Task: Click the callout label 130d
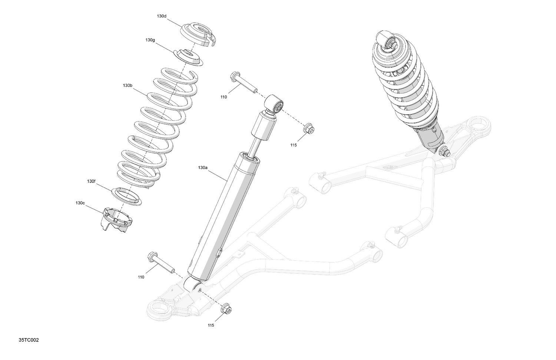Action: click(x=162, y=16)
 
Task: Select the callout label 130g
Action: click(x=150, y=40)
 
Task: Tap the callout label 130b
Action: click(x=128, y=86)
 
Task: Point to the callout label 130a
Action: click(x=202, y=168)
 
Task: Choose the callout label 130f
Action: click(x=91, y=181)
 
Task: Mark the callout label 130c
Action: click(x=80, y=203)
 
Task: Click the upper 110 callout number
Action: click(x=224, y=97)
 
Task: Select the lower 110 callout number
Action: click(x=141, y=277)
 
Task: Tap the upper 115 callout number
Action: click(x=294, y=145)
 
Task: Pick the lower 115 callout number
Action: click(x=211, y=326)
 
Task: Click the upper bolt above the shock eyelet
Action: click(x=243, y=83)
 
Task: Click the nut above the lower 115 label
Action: click(x=226, y=309)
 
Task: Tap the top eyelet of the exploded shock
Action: click(x=274, y=103)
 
